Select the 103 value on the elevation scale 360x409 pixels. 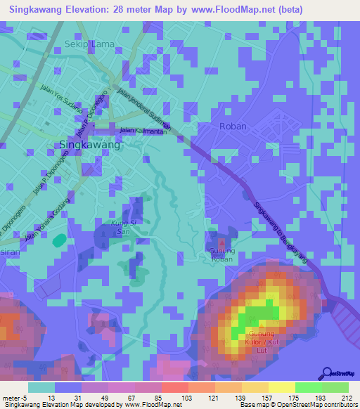tap(188, 398)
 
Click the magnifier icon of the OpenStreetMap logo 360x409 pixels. tap(325, 372)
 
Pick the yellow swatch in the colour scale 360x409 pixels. tap(281, 387)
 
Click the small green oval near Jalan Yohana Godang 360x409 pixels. tap(59, 240)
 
